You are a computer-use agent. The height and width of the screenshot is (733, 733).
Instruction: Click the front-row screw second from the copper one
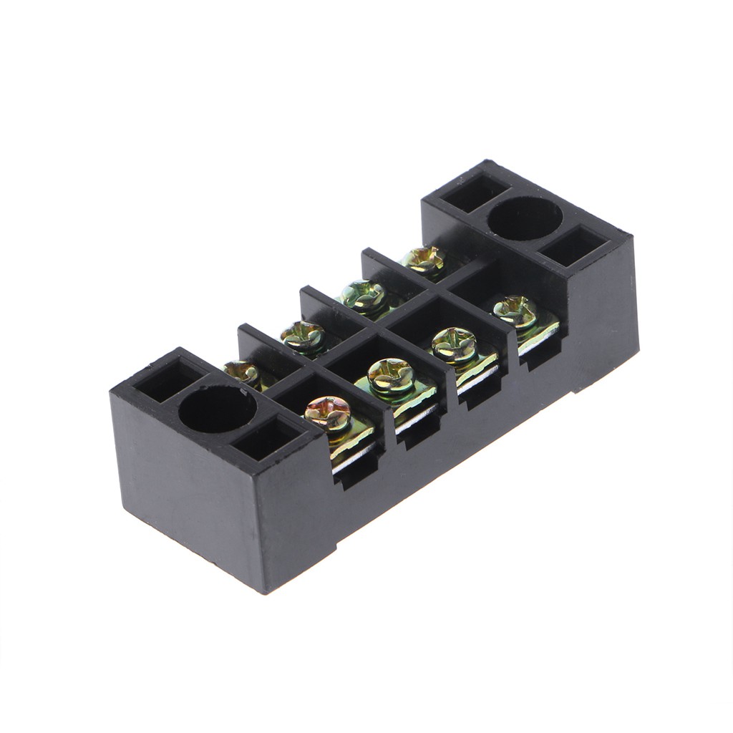click(391, 375)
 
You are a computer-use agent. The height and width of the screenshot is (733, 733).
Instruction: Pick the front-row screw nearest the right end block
click(515, 309)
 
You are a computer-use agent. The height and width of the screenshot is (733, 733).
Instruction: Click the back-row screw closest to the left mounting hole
click(241, 372)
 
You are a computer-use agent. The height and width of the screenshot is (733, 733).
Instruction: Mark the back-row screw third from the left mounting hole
click(363, 295)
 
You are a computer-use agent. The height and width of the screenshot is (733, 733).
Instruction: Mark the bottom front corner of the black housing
click(264, 591)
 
